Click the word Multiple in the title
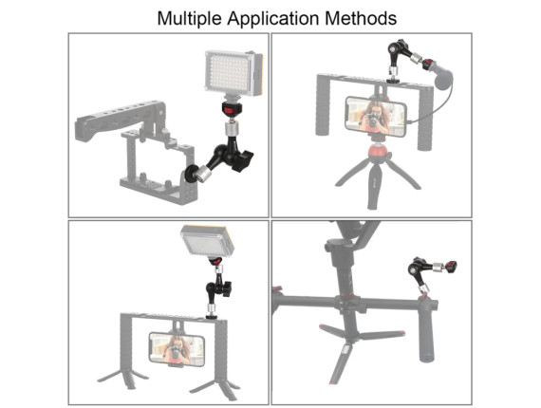(189, 19)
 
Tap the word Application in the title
(273, 19)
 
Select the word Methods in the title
(361, 18)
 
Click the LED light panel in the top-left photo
(233, 73)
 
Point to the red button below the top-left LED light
(230, 110)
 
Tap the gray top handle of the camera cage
(119, 120)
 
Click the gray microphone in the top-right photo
(442, 77)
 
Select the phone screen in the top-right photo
(376, 117)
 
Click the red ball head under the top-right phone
(379, 152)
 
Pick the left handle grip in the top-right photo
(323, 107)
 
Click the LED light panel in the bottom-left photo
(207, 241)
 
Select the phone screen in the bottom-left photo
(177, 349)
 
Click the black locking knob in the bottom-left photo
(227, 289)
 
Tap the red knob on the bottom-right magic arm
(452, 266)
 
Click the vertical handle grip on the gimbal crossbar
(428, 330)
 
